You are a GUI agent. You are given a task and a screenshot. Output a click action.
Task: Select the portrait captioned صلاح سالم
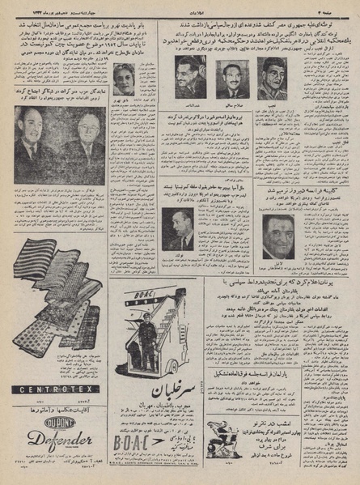(x=231, y=79)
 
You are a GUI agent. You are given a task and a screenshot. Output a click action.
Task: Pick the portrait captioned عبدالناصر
(x=191, y=77)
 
